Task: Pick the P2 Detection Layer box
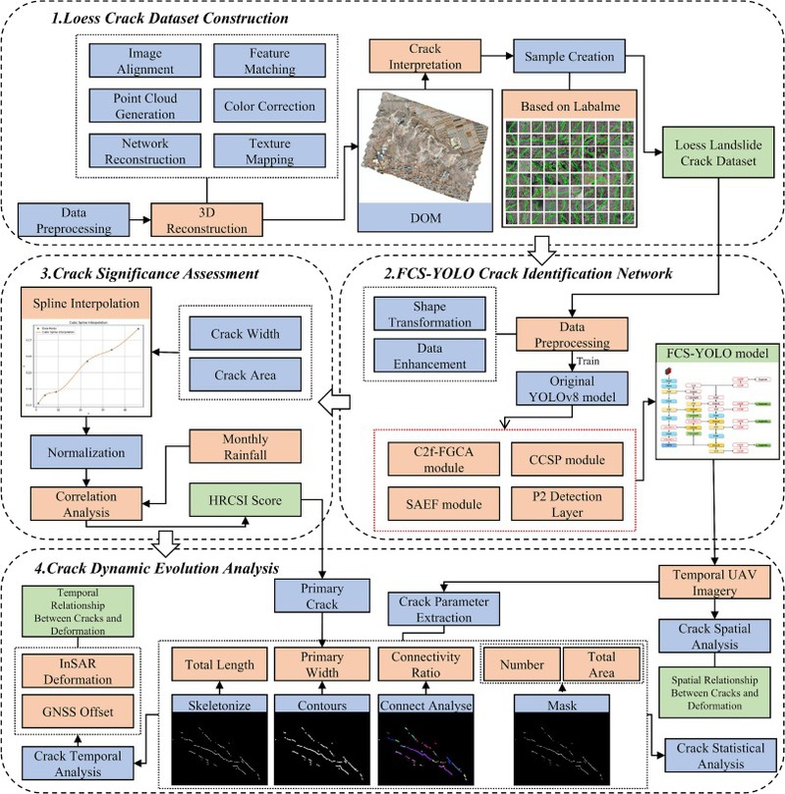(565, 504)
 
